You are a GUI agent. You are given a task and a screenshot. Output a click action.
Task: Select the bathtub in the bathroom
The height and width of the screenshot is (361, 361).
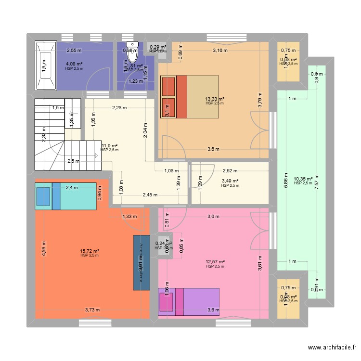[x=45, y=65]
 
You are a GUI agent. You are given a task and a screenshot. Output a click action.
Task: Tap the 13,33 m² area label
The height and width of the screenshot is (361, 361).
[x=215, y=99]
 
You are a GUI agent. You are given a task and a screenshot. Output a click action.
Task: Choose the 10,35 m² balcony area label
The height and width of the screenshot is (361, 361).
[x=303, y=179]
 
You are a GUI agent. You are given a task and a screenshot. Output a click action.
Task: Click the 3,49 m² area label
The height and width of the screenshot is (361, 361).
[x=230, y=181]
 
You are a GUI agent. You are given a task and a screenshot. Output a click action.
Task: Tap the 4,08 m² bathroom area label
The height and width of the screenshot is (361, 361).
[x=74, y=64]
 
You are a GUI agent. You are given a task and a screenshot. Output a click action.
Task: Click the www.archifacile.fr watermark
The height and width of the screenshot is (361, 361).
[x=332, y=348]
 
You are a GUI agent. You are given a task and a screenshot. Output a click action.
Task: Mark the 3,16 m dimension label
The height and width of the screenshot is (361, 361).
[x=220, y=50]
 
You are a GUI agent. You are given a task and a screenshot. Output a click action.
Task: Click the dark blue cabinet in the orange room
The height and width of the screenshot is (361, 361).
[x=141, y=262]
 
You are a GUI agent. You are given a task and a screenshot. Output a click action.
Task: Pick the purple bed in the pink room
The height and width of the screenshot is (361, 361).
[x=189, y=301]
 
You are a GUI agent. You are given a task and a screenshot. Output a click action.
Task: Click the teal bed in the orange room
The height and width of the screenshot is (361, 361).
[x=65, y=196]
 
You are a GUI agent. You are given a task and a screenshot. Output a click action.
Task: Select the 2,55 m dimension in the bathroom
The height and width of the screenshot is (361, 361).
[x=74, y=50]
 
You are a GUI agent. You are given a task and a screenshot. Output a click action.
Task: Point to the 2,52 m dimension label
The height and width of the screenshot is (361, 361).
[x=230, y=170]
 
